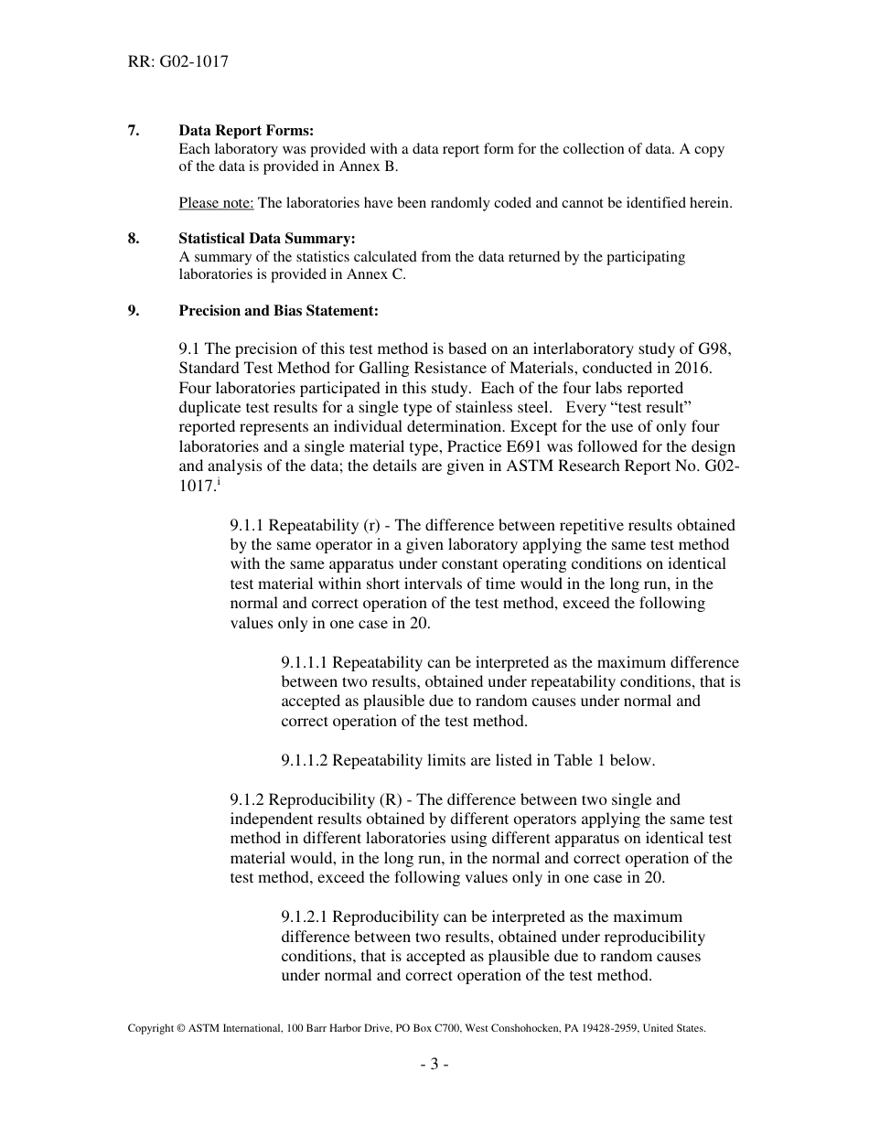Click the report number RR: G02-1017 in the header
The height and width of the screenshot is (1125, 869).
coord(177,62)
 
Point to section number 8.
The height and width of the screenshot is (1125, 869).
coord(134,239)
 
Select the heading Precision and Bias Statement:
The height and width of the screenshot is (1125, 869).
coord(278,311)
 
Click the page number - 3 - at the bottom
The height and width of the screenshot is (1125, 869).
coord(434,1064)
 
